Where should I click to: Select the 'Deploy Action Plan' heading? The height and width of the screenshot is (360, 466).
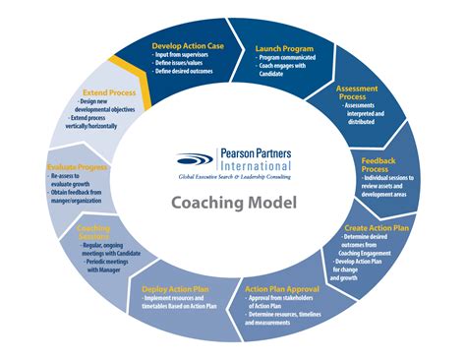[177, 289]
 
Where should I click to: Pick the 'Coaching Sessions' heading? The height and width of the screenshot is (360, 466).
[93, 233]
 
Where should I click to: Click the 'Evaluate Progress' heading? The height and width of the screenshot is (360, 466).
[77, 168]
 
